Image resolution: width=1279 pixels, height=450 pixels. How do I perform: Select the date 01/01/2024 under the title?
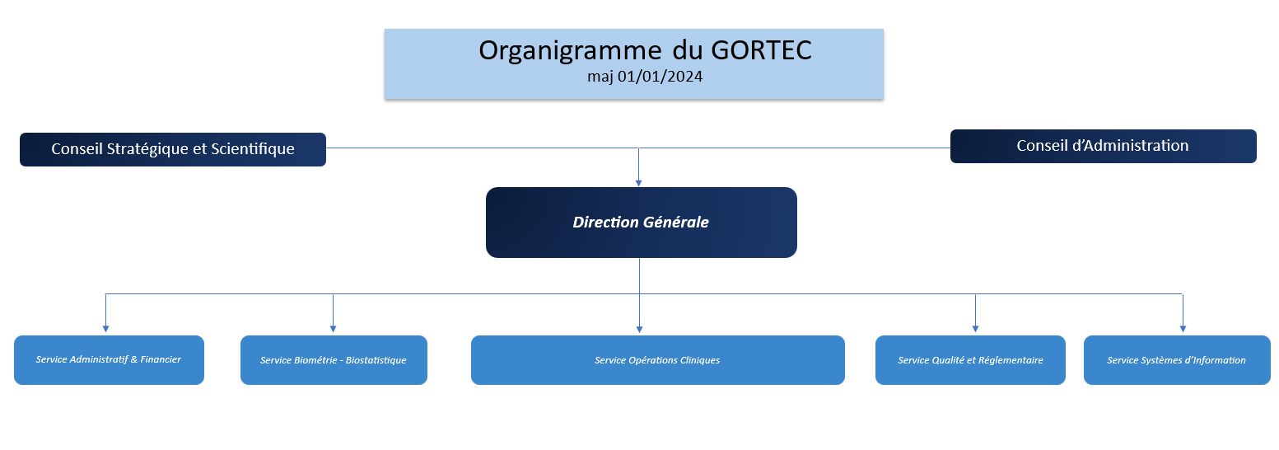[656, 76]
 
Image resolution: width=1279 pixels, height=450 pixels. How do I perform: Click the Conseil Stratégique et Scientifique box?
[173, 149]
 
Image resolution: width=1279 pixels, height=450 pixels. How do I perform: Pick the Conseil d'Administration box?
[1103, 146]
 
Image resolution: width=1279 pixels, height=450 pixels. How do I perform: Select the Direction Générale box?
[641, 223]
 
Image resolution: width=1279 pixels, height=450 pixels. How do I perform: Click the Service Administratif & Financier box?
[109, 359]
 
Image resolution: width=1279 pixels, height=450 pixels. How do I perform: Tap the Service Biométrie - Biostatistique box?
[334, 360]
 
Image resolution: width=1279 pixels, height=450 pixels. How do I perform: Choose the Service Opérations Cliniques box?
[657, 360]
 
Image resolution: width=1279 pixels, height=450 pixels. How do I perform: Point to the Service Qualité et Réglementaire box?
[970, 360]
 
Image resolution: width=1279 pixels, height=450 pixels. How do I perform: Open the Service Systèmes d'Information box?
[1176, 360]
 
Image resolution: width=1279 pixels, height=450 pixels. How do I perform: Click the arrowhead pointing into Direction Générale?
[638, 182]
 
